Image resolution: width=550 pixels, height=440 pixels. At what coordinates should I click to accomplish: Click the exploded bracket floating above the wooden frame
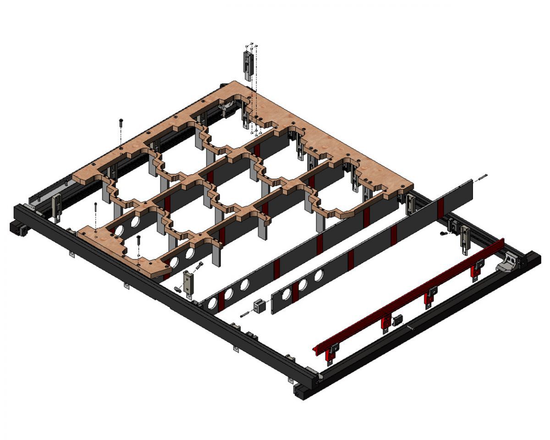248,64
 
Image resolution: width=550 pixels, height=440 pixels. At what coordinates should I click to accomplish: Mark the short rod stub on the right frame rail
411,327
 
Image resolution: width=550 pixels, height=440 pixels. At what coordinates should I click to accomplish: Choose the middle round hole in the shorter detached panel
302,284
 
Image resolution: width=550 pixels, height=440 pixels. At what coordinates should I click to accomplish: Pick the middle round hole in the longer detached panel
228,293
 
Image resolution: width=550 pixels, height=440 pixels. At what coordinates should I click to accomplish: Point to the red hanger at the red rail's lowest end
330,354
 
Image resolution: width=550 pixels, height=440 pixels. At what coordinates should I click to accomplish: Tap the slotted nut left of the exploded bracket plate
177,289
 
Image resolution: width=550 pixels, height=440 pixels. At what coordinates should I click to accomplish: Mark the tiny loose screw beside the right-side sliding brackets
443,234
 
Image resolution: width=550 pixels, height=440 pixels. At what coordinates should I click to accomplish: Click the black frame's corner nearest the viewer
300,393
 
